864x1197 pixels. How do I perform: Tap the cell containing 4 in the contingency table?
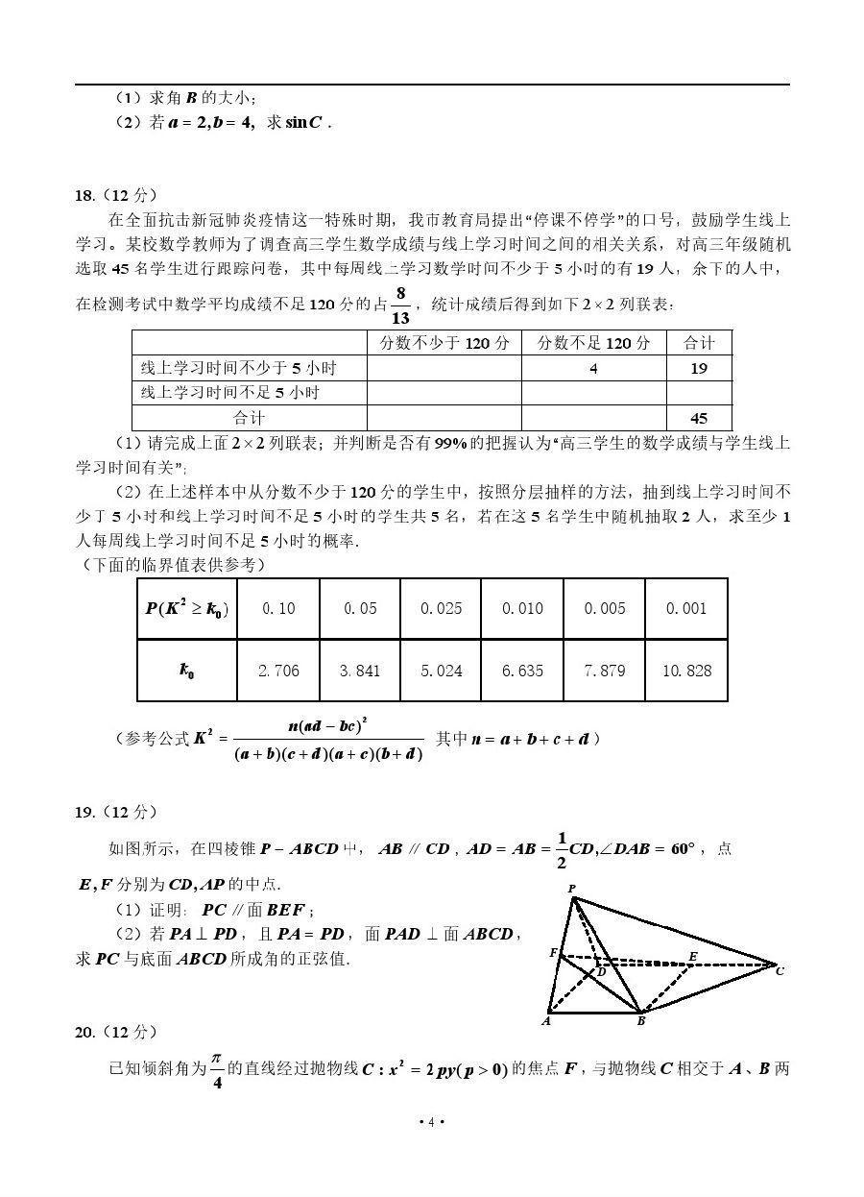click(593, 368)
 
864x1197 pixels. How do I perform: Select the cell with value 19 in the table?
click(699, 368)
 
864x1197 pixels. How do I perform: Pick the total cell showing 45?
click(699, 418)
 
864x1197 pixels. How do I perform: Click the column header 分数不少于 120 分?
click(444, 343)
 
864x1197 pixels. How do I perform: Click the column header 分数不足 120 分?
click(593, 343)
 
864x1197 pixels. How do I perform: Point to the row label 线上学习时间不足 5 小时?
click(230, 393)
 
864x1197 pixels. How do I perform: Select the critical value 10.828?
click(686, 671)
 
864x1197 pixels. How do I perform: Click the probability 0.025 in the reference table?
click(442, 608)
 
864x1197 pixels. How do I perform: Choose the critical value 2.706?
click(278, 671)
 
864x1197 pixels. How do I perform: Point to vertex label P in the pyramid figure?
click(572, 889)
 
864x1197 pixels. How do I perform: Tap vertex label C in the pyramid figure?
click(780, 971)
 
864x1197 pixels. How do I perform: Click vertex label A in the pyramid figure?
click(545, 1021)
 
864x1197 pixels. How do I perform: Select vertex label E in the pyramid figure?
click(693, 956)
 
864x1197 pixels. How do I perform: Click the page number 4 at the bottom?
click(432, 1122)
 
